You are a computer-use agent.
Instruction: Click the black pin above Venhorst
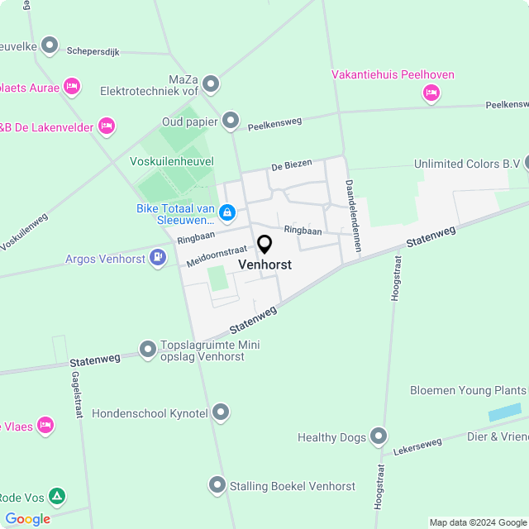[x=264, y=245]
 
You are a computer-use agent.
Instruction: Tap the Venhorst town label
[x=264, y=264]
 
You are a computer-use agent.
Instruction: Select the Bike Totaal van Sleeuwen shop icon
[x=227, y=214]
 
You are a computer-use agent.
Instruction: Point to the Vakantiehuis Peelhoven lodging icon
[x=430, y=93]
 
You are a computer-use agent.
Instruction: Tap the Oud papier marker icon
[x=231, y=122]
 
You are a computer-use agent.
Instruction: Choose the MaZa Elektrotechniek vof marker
[x=211, y=83]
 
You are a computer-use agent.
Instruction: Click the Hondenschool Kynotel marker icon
[x=221, y=412]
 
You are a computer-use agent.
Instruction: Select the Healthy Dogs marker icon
[x=379, y=436]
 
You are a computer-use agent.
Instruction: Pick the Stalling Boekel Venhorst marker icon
[x=217, y=485]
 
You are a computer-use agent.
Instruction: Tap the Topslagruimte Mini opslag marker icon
[x=148, y=350]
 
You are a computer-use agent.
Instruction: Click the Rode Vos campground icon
[x=56, y=497]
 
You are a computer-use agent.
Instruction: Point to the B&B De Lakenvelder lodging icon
[x=106, y=126]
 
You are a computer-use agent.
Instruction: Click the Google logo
[x=27, y=519]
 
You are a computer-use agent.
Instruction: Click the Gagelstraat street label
[x=76, y=394]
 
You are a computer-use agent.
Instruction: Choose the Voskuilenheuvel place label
[x=172, y=161]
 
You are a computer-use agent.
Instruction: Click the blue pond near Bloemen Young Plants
[x=505, y=412]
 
